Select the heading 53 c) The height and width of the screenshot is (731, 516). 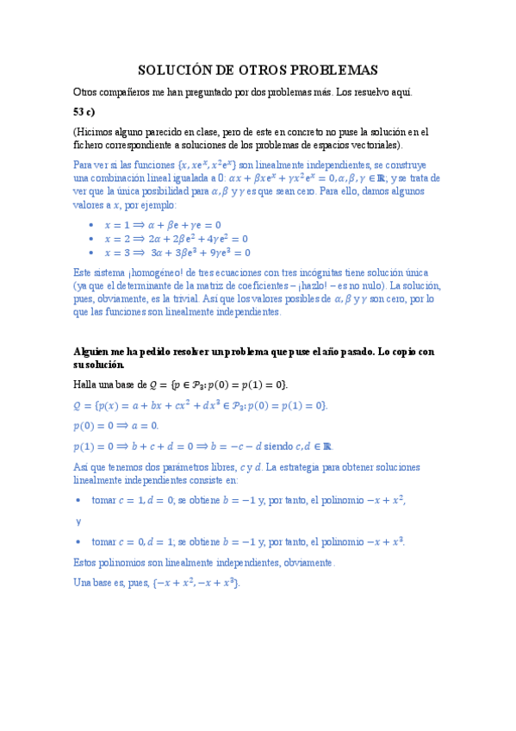87,111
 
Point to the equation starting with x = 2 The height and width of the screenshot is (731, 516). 176,239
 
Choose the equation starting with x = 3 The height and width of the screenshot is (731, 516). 177,253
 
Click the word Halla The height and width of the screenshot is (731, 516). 86,384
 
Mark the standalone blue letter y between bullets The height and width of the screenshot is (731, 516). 78,521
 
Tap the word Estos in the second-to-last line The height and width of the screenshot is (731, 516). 87,562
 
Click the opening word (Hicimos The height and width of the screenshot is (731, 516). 95,132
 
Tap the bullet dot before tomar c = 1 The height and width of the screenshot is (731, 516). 78,500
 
